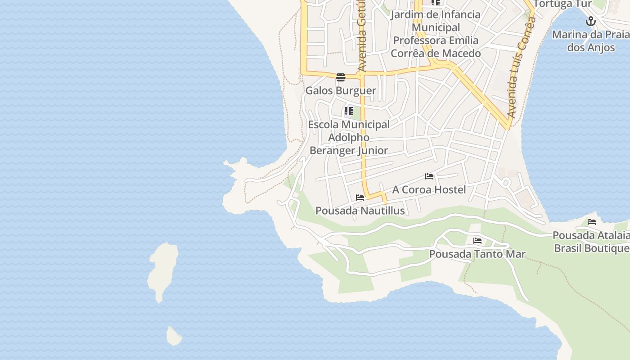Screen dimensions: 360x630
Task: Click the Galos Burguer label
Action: click(341, 90)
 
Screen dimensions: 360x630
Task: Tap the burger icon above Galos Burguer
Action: click(341, 77)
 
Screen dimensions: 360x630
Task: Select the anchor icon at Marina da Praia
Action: click(591, 21)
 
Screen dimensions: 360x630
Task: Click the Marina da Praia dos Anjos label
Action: click(590, 41)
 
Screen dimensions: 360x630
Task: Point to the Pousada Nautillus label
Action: click(360, 211)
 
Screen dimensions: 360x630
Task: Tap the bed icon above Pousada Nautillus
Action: click(360, 197)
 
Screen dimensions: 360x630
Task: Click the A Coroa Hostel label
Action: click(429, 189)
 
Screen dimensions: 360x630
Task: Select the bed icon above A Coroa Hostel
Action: click(429, 176)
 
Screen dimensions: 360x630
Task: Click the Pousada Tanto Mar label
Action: click(477, 254)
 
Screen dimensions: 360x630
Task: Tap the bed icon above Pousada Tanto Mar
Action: click(477, 241)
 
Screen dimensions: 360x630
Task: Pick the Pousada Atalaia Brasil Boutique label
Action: click(591, 242)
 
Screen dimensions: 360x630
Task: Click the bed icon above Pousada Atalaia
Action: click(592, 221)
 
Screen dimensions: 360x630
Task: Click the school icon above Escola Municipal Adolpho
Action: click(349, 111)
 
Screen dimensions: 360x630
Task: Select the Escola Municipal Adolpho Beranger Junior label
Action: click(349, 137)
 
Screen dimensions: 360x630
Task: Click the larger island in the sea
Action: click(162, 270)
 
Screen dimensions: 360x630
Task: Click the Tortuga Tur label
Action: click(562, 4)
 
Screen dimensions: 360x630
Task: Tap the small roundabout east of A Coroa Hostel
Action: click(505, 182)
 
